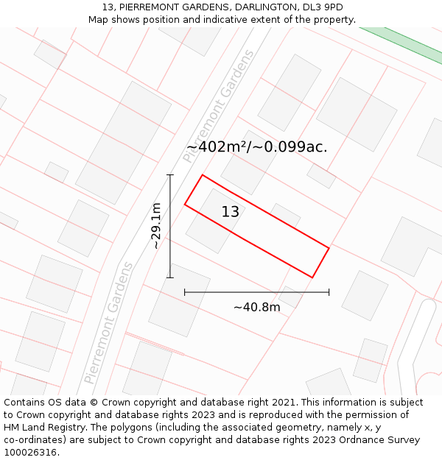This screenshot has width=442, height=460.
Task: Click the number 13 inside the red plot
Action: click(x=231, y=212)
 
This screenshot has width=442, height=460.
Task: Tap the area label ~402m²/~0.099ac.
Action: click(x=256, y=147)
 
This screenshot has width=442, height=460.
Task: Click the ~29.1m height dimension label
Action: click(x=156, y=226)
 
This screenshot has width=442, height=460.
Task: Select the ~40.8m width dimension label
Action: click(x=256, y=307)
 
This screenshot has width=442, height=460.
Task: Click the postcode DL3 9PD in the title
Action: click(x=323, y=7)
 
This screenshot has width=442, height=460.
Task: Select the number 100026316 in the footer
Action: click(x=30, y=452)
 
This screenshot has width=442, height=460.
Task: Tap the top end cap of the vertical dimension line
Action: click(x=170, y=175)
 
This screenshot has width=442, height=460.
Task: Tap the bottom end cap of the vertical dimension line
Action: click(x=170, y=277)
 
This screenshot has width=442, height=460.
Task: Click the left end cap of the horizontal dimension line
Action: click(x=184, y=292)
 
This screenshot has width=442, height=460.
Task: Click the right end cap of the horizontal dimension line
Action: click(x=329, y=292)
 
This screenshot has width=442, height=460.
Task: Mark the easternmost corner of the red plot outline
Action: click(x=329, y=248)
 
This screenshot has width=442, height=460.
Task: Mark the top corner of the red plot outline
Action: click(x=202, y=175)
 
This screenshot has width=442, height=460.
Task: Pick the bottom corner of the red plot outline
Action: click(x=312, y=277)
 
